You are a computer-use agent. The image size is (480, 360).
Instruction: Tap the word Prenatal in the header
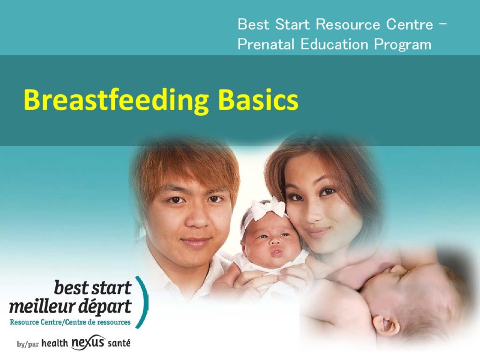point(266,44)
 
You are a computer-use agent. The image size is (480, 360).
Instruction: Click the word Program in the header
point(403,45)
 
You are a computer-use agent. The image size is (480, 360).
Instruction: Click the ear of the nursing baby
point(387,324)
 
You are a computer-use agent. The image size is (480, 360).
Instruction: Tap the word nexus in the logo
point(89,342)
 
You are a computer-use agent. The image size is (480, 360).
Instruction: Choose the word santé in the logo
point(119,343)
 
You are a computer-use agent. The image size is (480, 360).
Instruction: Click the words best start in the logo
point(92,288)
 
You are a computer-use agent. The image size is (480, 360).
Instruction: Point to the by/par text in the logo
point(28,344)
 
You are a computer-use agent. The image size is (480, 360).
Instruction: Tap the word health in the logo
point(54,343)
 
